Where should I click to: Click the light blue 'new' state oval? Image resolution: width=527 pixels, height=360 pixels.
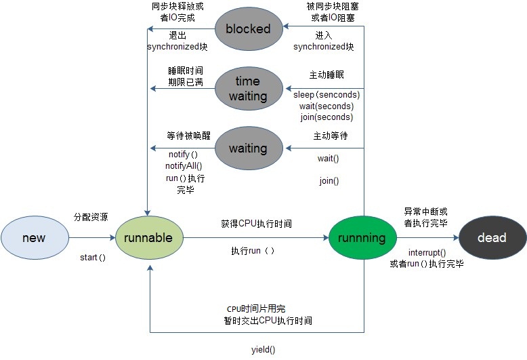35,238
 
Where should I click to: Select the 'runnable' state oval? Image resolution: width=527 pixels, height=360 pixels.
148,238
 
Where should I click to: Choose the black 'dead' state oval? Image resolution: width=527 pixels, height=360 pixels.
492,238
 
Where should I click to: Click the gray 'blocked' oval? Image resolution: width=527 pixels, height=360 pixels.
248,28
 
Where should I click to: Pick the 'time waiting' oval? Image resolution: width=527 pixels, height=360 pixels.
248,89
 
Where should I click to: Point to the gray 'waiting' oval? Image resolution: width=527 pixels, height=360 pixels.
248,148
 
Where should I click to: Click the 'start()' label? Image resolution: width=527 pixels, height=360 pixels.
93,258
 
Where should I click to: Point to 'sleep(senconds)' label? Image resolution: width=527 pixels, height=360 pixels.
327,95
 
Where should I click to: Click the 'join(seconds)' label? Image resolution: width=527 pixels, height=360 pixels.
327,117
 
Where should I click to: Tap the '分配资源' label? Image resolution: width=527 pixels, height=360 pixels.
91,217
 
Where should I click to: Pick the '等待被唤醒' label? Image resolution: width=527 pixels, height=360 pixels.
184,135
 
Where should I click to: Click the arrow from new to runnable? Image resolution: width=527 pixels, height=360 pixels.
92,238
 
